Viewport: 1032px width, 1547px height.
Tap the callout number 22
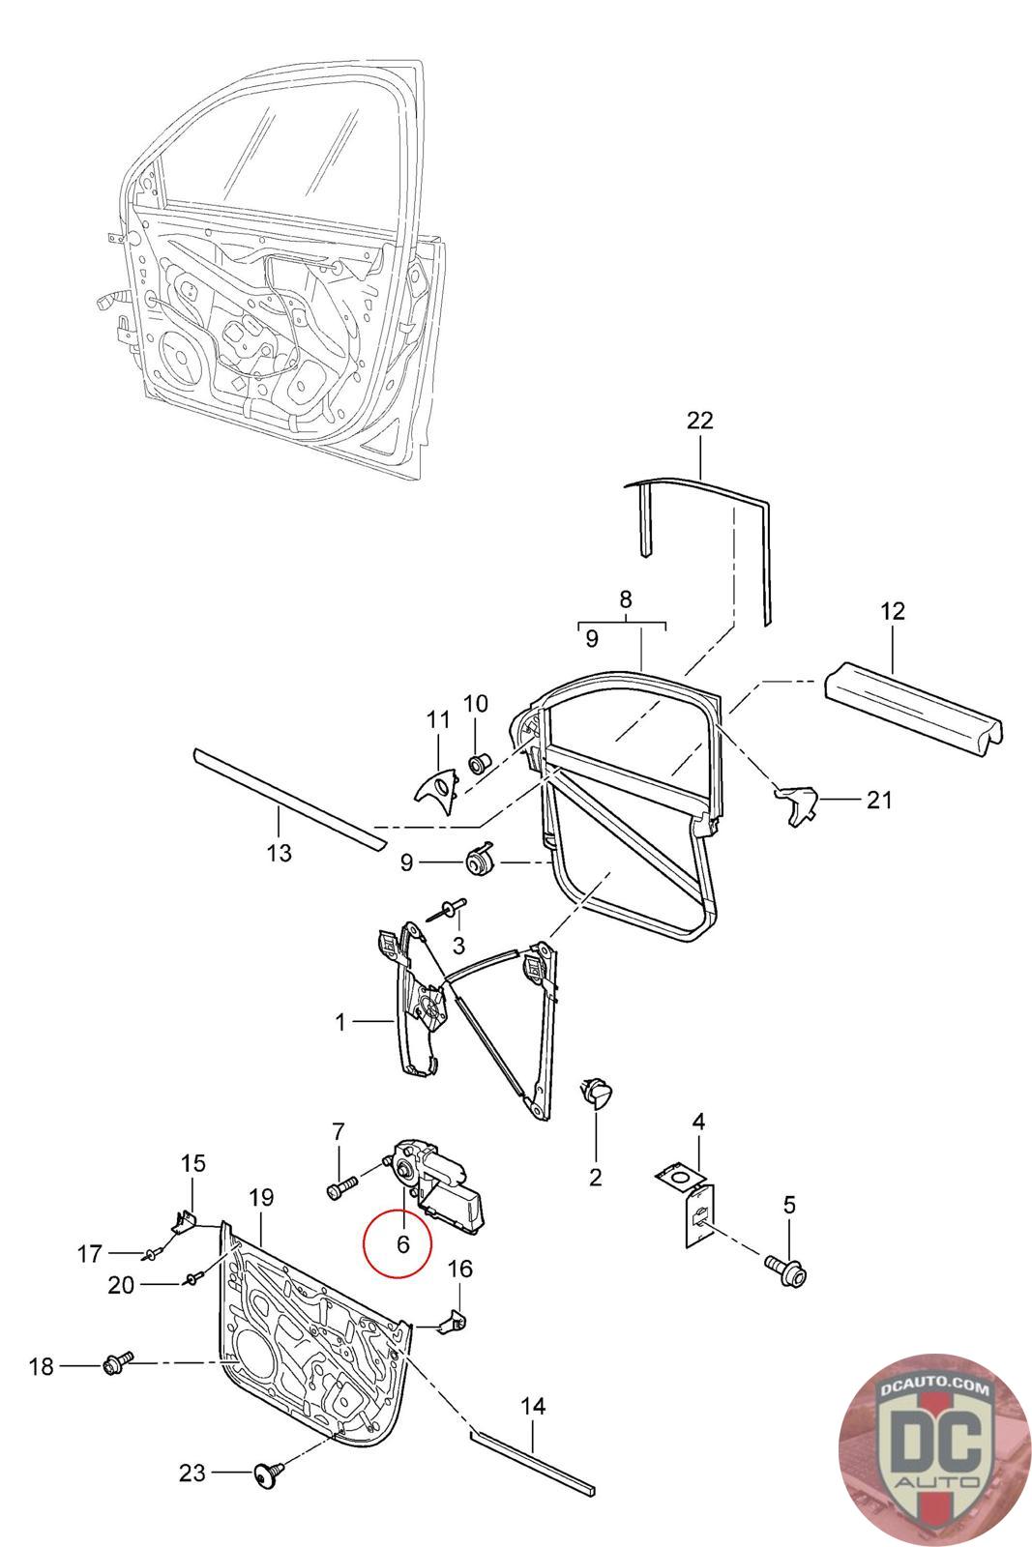[x=699, y=420]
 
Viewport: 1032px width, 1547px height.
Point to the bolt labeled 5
[x=785, y=1269]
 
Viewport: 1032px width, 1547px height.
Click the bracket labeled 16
[x=452, y=1319]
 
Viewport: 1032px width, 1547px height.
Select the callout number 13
[x=279, y=853]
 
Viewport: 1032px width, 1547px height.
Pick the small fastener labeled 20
[x=192, y=1280]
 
